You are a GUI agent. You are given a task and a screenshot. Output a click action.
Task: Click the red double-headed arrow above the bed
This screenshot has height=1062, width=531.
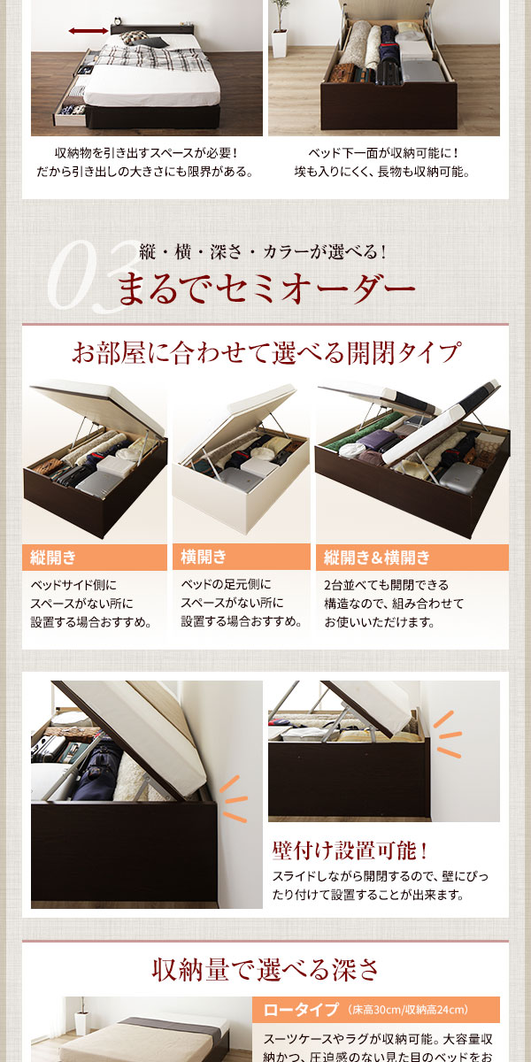(x=88, y=31)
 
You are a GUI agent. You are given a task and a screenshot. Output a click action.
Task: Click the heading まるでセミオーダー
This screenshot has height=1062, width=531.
(x=265, y=289)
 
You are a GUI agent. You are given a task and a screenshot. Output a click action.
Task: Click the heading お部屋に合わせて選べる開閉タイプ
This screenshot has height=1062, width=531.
(x=265, y=353)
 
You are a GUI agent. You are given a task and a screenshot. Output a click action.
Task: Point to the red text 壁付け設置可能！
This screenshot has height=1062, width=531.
(x=350, y=851)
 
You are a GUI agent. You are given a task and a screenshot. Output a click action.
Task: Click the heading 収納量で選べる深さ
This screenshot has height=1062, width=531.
(x=265, y=969)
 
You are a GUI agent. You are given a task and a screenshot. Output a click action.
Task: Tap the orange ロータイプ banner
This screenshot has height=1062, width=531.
(x=375, y=1010)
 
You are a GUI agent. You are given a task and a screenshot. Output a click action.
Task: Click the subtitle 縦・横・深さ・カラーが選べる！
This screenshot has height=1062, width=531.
(x=263, y=251)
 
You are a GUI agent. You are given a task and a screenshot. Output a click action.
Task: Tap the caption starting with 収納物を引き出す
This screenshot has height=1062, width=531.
(x=145, y=162)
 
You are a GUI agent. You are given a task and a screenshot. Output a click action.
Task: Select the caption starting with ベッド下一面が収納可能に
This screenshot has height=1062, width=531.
(x=382, y=162)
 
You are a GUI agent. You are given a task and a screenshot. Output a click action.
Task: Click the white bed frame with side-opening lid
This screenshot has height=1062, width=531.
(x=241, y=469)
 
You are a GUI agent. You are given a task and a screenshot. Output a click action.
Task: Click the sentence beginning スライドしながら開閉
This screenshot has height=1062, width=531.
(x=381, y=886)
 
